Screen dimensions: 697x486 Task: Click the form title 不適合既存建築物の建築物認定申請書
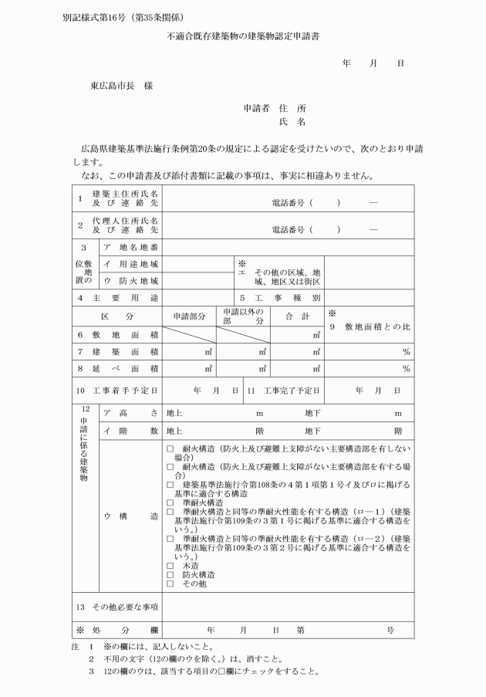coord(243,37)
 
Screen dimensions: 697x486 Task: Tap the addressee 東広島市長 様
coord(121,86)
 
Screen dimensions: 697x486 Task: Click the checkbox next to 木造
coord(170,566)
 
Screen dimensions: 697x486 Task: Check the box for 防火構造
coord(170,575)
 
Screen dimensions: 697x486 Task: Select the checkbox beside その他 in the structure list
coord(170,584)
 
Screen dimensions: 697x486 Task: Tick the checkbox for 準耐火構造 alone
coord(170,502)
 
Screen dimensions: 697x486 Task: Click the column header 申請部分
coord(189,316)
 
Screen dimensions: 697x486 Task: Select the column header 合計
coord(297,316)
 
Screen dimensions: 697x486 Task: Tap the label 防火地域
coord(131,281)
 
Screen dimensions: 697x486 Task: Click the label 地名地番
coord(131,247)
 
